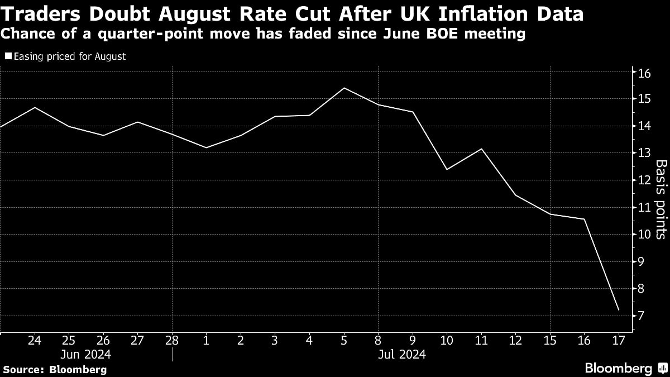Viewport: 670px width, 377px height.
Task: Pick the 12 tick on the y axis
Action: pos(645,180)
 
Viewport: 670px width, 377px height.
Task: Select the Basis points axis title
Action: pos(660,199)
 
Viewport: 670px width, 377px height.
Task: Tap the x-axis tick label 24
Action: pos(35,340)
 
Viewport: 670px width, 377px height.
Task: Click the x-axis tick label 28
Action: pos(172,340)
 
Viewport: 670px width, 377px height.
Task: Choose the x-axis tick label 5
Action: pos(344,340)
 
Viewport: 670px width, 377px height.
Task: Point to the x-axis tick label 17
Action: pos(618,340)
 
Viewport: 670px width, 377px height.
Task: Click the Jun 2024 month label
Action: pos(86,354)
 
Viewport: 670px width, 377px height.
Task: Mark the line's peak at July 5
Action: pos(344,88)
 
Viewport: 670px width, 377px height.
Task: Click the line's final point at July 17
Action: pos(618,310)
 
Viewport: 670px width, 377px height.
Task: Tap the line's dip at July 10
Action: pos(447,169)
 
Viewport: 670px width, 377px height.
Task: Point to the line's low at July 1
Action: pos(207,147)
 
